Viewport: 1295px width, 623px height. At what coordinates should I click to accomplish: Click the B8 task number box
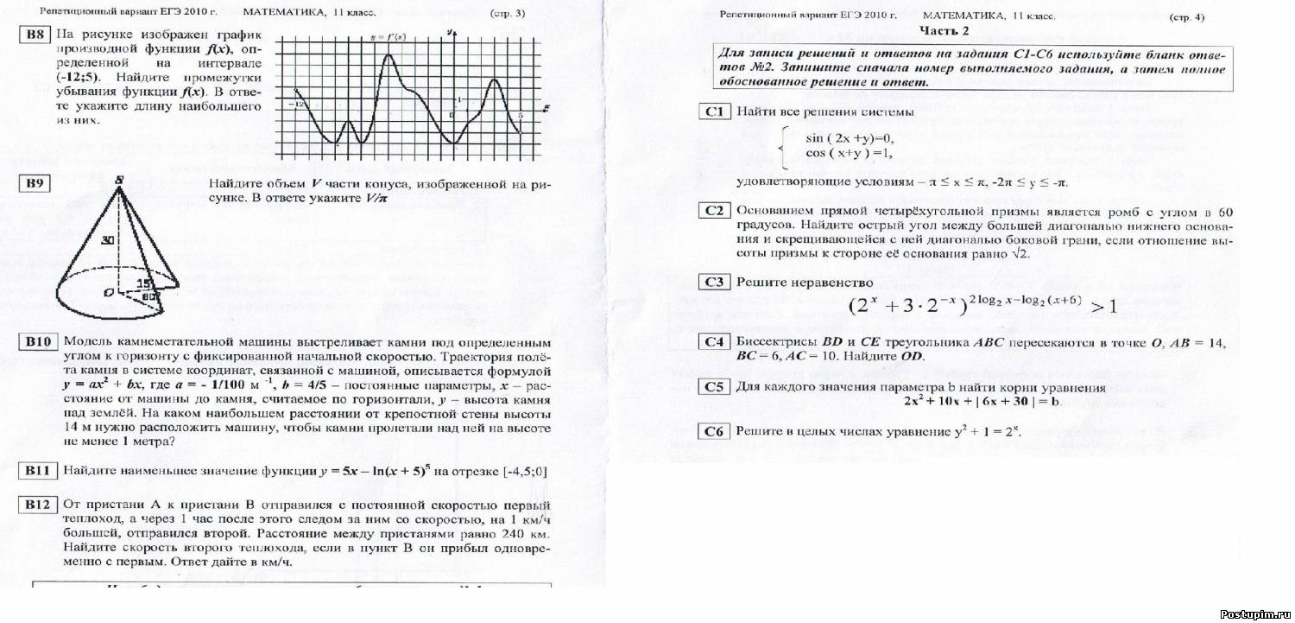34,35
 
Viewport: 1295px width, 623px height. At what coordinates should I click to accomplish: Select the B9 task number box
35,182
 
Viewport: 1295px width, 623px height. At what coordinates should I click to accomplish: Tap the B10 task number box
39,342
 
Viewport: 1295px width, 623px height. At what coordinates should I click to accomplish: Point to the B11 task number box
39,471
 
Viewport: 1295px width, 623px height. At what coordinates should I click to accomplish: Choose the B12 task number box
39,505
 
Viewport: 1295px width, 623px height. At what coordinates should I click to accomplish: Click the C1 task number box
714,111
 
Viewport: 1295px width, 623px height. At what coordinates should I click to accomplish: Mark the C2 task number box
714,211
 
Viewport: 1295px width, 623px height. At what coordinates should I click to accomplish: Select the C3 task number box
714,282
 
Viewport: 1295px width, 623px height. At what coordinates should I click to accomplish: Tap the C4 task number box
714,342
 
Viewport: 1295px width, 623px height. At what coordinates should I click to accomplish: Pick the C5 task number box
714,387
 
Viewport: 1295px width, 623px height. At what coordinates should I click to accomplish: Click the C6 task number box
714,431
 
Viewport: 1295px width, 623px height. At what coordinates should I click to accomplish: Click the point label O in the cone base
109,294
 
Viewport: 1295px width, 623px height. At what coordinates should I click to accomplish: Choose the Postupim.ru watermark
1256,613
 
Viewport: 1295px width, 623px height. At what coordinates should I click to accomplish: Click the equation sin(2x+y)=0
850,138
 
